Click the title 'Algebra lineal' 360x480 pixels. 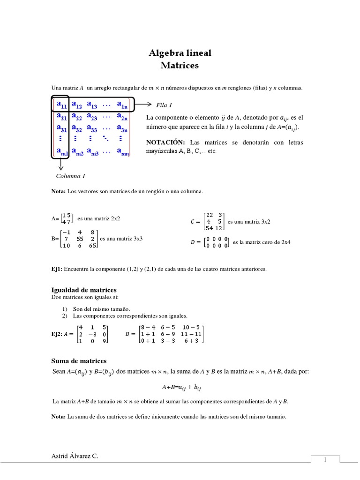coord(180,53)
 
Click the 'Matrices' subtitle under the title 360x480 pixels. coord(180,66)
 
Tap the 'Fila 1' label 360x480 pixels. coord(164,105)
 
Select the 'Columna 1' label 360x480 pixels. coord(70,176)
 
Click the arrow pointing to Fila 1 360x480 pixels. coord(143,105)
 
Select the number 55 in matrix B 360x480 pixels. coord(80,239)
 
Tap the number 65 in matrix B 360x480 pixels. coord(93,246)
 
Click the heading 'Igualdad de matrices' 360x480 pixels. coord(83,290)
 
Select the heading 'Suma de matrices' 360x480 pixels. coord(78,361)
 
